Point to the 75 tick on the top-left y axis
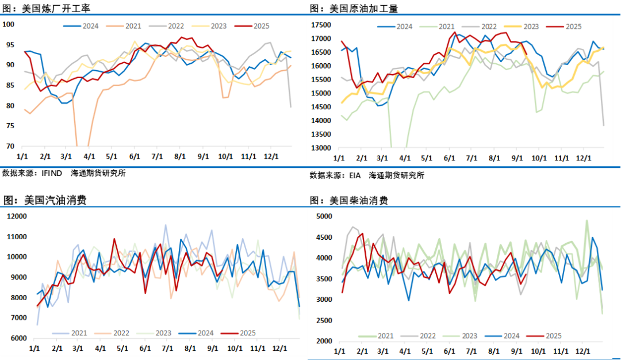point(10,126)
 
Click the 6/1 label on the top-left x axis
point(135,156)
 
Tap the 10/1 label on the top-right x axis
point(538,158)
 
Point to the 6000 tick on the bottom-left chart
point(18,338)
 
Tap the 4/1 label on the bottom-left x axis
point(101,348)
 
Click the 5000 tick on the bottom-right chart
point(325,216)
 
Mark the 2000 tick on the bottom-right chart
point(325,341)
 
